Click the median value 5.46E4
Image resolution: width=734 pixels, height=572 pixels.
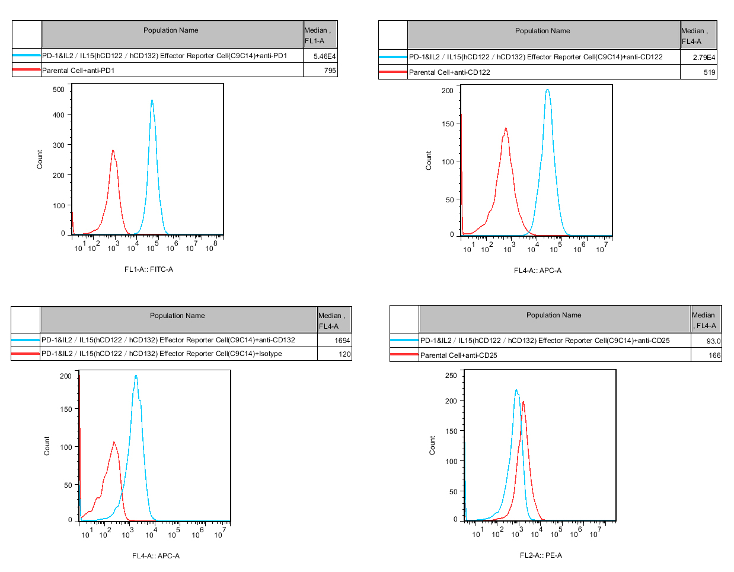point(324,56)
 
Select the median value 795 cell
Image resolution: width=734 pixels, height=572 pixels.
point(330,71)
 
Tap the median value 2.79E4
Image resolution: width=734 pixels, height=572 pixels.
point(704,58)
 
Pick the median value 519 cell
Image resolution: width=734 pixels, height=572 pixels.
point(709,72)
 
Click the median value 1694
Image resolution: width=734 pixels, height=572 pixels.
point(342,341)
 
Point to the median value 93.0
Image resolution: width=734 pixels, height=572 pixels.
point(713,341)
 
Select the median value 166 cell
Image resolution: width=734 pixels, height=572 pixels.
point(714,355)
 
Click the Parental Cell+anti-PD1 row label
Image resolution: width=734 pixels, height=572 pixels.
point(78,71)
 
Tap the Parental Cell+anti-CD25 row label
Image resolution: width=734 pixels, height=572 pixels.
point(458,355)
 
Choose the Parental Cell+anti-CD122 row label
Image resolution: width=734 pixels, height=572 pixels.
point(449,72)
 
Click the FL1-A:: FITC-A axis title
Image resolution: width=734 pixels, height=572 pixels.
point(149,269)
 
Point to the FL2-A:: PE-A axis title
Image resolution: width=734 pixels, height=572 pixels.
point(541,555)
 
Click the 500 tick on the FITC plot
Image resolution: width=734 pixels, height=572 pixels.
point(59,90)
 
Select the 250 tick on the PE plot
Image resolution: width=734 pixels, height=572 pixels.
point(451,376)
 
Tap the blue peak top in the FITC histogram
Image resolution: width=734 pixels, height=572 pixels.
point(152,101)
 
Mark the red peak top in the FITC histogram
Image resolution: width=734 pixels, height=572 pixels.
point(113,151)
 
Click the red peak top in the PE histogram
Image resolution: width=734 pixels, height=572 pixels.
point(523,402)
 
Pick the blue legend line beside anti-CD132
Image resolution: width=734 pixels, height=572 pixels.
point(25,340)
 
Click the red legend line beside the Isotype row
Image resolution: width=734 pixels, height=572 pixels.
point(25,354)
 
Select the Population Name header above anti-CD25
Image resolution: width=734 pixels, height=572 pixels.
point(554,315)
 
